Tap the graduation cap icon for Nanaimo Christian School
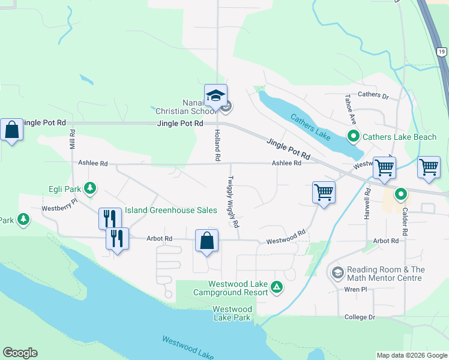pos(215,95)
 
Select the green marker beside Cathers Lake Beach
pos(354,137)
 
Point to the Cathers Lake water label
pos(310,127)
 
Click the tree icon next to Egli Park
pos(90,189)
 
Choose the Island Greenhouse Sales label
pos(170,211)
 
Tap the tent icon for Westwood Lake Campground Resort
pos(277,288)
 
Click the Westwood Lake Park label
pos(232,313)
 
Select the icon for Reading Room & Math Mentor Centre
pos(337,274)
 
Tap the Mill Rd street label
pos(72,139)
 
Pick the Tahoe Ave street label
pos(348,109)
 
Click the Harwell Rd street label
pos(367,203)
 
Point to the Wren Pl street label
pos(356,289)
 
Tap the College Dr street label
pos(360,317)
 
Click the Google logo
pos(20,353)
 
